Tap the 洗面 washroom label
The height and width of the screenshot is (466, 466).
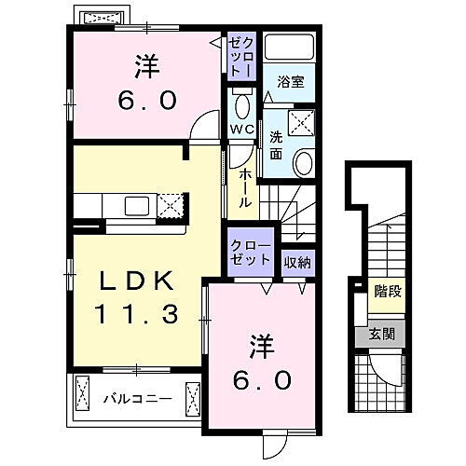[276, 145]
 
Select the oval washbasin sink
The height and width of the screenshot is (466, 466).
[304, 164]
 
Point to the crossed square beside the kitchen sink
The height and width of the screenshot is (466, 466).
[171, 204]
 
